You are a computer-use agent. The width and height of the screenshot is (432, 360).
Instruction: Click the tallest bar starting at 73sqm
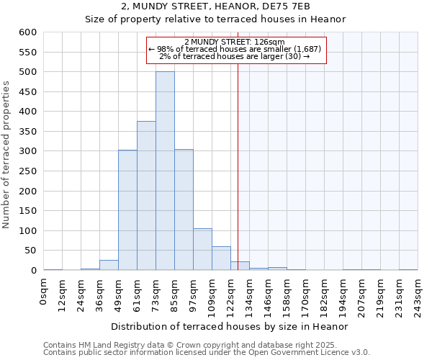pos(165,171)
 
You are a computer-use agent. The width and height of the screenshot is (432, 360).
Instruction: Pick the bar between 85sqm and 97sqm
pos(184,210)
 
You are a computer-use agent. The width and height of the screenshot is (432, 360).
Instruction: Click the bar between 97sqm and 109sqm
pos(202,249)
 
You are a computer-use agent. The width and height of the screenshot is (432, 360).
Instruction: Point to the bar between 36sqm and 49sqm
pos(109,265)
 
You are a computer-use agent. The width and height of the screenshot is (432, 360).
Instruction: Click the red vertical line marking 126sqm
pos(238,180)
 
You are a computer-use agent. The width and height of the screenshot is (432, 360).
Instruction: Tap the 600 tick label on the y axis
pos(28,32)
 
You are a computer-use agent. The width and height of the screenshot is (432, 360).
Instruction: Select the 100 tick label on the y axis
pos(28,231)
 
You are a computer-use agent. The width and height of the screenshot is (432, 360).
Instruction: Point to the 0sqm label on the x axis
pos(45,291)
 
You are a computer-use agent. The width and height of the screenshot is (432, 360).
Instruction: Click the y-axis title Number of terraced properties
pos(7,155)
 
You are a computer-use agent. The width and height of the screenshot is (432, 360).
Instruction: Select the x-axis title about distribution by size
pos(231,326)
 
